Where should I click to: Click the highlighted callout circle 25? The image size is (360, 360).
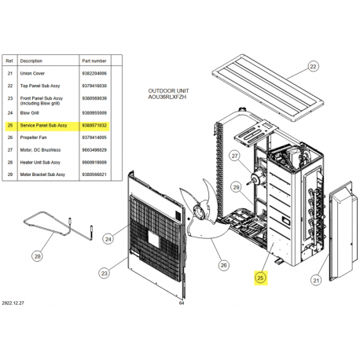260,277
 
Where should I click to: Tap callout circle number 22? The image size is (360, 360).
313,67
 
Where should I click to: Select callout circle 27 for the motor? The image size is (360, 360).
235,156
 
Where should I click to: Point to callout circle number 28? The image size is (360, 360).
38,256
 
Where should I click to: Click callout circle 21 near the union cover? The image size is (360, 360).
316,281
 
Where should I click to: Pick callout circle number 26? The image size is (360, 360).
223,265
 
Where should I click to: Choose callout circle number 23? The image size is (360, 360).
105,274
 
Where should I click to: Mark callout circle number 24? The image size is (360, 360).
108,239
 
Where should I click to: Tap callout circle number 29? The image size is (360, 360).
236,187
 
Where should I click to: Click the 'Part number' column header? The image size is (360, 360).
94,61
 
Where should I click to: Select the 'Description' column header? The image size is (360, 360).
31,61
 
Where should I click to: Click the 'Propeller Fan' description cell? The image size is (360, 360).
33,138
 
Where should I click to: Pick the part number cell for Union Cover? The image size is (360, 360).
94,74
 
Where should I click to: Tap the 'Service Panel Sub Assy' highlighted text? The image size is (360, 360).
43,126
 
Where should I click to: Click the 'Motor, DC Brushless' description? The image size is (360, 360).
40,150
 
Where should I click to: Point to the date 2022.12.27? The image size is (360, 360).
13,303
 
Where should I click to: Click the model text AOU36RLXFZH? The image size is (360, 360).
167,97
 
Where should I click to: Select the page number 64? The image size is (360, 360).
182,303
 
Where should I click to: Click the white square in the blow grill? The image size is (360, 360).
153,239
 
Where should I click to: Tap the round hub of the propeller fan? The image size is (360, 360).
199,212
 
